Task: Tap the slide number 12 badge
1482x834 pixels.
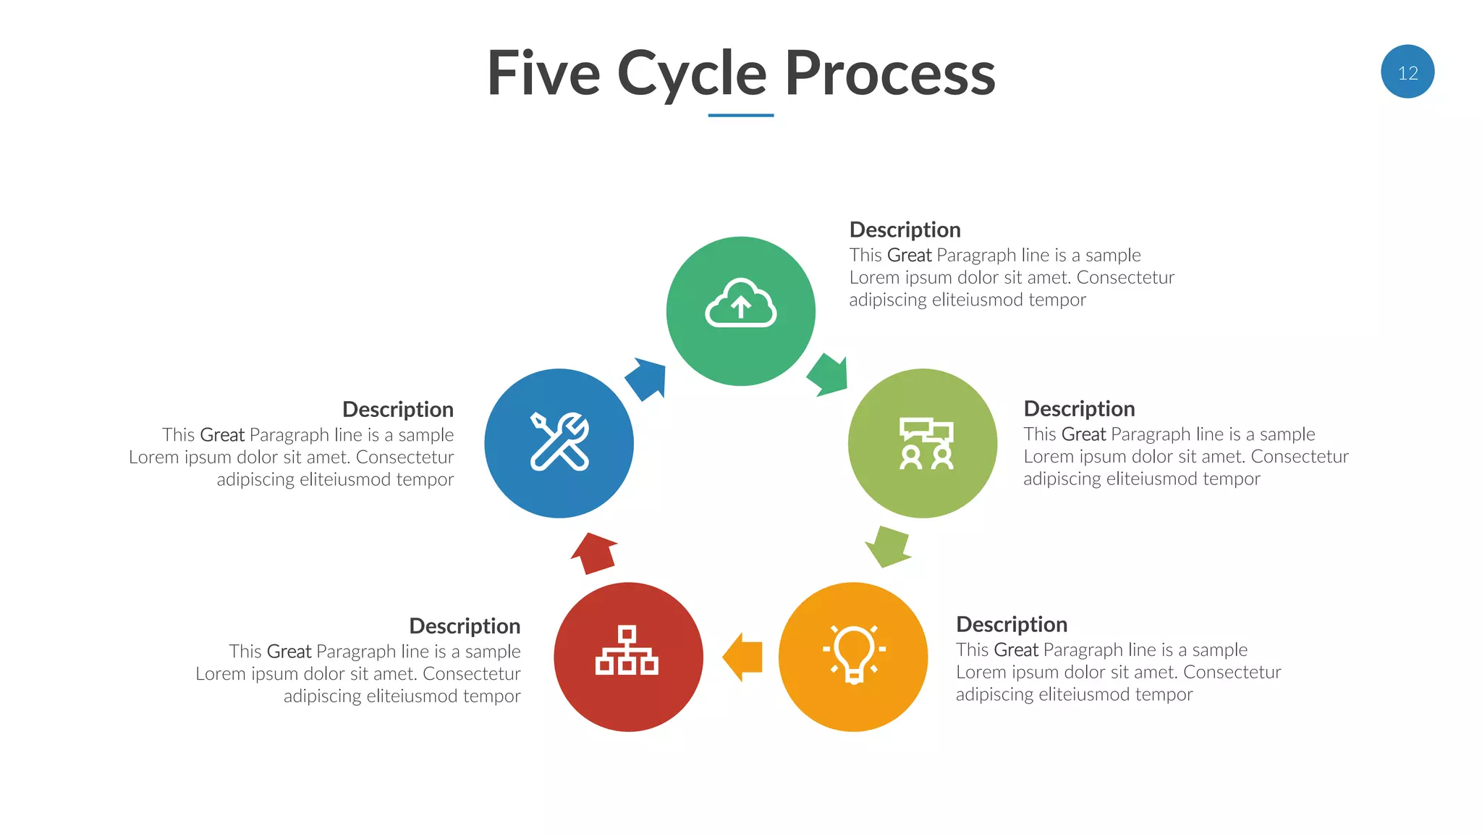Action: (1407, 72)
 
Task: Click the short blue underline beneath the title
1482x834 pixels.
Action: (740, 115)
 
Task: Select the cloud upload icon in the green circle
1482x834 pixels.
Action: (740, 304)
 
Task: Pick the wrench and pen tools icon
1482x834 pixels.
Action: (559, 442)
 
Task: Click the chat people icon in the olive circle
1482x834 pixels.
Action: (926, 443)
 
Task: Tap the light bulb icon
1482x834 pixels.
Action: (854, 654)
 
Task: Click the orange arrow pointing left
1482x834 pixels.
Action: (744, 657)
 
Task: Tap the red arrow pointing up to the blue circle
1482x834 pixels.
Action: (594, 553)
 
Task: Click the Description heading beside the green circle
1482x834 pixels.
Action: (905, 229)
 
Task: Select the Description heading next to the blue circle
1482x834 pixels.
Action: (397, 409)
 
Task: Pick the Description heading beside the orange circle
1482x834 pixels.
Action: (1011, 624)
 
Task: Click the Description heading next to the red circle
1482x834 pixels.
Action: (465, 625)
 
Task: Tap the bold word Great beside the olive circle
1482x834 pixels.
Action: (1083, 434)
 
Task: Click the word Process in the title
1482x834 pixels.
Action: (889, 74)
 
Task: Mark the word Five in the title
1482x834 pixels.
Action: (543, 74)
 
